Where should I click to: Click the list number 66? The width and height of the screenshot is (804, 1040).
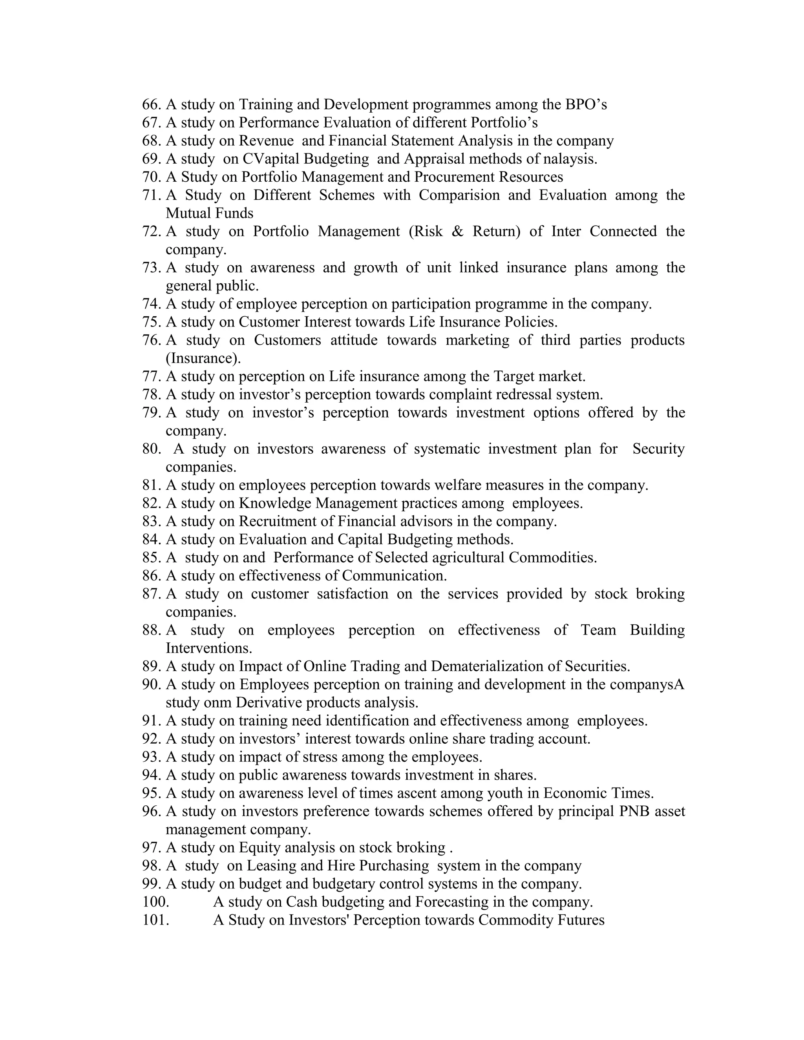click(x=152, y=104)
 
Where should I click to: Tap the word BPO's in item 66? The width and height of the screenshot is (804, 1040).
click(x=586, y=104)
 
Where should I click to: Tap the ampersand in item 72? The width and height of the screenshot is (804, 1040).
click(x=457, y=232)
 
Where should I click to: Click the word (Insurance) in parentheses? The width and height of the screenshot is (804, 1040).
click(x=203, y=358)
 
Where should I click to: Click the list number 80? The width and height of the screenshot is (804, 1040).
click(x=152, y=449)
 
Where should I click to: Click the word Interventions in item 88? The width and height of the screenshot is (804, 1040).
click(x=208, y=648)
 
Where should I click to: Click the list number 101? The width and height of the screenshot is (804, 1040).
click(x=155, y=920)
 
